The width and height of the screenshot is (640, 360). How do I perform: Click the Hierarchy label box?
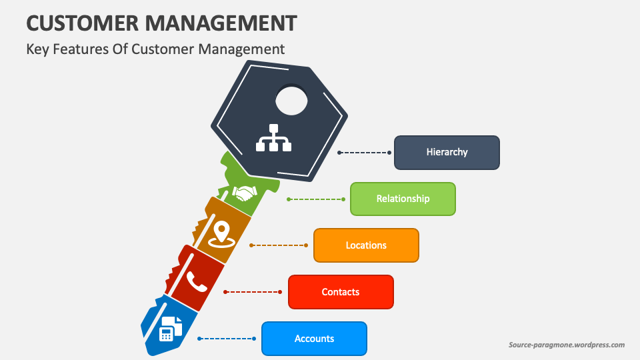447,152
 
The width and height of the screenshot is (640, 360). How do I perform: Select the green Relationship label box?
403,199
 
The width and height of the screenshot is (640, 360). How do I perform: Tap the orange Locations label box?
366,245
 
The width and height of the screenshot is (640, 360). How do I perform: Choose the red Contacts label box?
341,292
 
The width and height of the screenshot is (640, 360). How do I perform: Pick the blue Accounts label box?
314,339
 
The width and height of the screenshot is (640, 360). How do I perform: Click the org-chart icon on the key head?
274,137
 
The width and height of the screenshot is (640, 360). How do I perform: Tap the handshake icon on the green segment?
245,193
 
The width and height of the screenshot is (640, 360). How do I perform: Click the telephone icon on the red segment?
196,281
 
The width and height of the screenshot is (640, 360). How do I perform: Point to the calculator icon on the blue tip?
171,329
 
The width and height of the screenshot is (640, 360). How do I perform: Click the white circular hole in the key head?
291,101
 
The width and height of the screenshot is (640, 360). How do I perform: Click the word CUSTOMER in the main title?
82,23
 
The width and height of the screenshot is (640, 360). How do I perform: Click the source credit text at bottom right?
566,345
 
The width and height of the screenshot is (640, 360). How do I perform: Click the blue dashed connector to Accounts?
227,339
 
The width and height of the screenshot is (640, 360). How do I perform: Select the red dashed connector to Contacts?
254,292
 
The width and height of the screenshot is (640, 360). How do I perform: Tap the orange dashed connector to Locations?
279,245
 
